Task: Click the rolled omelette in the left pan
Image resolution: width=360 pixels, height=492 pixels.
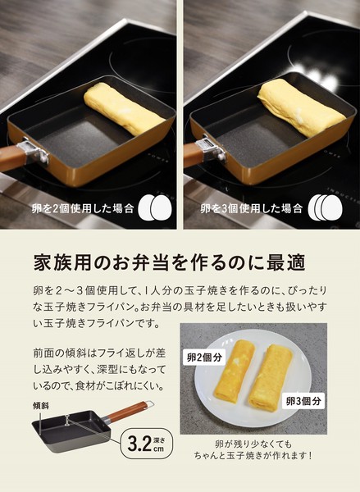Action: coord(124,110)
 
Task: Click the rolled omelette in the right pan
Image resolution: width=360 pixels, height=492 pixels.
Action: coord(302,107)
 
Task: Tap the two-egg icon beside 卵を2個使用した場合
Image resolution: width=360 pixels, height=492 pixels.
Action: coord(155,207)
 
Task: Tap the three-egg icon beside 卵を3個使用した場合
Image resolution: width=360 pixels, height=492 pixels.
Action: coord(326,207)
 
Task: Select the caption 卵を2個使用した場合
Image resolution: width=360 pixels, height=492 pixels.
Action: coord(83,208)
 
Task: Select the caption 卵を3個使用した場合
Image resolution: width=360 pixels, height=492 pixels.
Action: coord(252,208)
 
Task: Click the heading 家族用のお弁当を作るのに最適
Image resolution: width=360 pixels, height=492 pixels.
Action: coord(170,262)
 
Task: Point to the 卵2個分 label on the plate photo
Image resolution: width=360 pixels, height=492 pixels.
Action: coord(204,357)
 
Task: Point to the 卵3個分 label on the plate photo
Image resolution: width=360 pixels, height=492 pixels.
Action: coord(303,401)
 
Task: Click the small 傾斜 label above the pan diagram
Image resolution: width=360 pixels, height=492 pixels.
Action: coord(41,406)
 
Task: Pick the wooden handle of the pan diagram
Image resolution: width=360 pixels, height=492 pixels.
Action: coord(126,412)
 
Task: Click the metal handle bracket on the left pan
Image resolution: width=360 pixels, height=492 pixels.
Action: coord(34,153)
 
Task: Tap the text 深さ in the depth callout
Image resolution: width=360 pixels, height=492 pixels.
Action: coord(159,440)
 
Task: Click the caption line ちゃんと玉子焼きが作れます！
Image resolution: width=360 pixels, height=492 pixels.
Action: coord(253,456)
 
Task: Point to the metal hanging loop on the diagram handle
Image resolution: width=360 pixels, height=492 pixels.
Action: coord(150,404)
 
